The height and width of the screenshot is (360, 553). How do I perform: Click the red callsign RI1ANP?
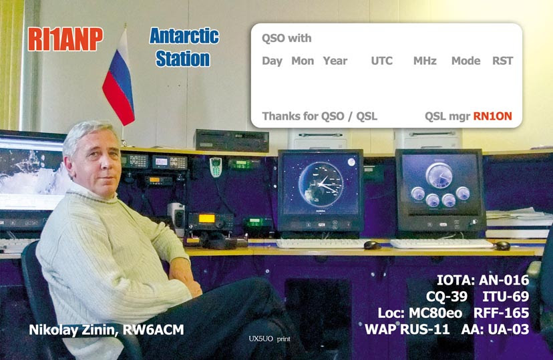[x=65, y=39]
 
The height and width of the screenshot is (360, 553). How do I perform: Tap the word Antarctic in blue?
[x=184, y=36]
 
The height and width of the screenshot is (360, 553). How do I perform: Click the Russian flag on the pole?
[x=119, y=79]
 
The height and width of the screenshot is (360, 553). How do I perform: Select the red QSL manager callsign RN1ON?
[x=492, y=116]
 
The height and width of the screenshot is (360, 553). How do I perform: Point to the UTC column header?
[x=381, y=61]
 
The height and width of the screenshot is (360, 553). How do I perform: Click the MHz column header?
[x=425, y=61]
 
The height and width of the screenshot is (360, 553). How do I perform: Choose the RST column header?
[x=502, y=61]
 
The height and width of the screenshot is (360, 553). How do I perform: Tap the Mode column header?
[x=466, y=61]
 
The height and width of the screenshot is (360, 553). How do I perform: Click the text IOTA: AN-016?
[x=483, y=280]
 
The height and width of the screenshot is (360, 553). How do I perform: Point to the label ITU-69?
[x=506, y=296]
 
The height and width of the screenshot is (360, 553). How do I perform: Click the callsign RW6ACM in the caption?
[x=153, y=330]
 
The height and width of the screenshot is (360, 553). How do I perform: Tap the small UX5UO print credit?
[x=269, y=339]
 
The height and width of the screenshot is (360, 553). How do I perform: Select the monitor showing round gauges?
[x=441, y=191]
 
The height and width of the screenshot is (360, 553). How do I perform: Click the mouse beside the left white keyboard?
[x=372, y=244]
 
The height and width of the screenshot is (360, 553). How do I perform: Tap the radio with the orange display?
[x=210, y=222]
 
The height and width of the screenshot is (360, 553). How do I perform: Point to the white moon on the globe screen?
[x=351, y=162]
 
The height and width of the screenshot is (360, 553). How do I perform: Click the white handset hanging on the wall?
[x=216, y=167]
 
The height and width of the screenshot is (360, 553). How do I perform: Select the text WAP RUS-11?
[x=407, y=329]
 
